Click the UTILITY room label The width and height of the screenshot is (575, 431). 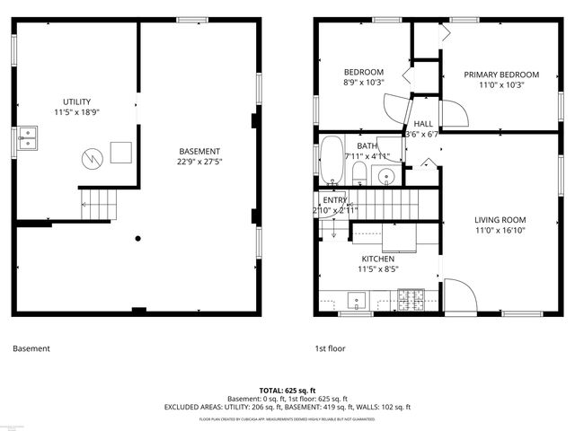(76, 101)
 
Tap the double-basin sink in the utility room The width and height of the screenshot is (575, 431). (27, 138)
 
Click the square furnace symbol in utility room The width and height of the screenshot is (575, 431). (121, 153)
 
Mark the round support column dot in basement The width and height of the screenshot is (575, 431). (137, 239)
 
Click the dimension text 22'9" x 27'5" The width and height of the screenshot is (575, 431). (199, 163)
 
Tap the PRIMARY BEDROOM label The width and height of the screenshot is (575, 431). (500, 75)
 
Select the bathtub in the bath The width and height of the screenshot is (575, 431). (332, 159)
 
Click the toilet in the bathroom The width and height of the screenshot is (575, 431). (358, 172)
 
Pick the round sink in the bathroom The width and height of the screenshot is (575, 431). (387, 176)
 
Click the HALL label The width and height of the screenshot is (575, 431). (422, 124)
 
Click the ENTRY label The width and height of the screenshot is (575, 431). (334, 199)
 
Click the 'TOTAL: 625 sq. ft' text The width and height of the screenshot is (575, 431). (287, 391)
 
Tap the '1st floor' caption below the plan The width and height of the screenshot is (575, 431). (330, 348)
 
